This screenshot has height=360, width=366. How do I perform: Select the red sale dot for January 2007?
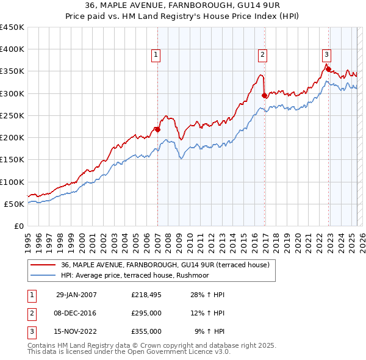point(157,129)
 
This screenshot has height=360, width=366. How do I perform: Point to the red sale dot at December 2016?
point(264,95)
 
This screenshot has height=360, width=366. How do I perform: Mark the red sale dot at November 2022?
point(328,68)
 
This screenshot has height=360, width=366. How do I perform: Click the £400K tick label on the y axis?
point(12,49)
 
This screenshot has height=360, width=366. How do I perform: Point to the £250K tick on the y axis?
point(12,116)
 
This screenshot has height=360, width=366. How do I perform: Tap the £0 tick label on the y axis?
point(19,226)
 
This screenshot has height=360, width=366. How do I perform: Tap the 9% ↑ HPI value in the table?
point(209,331)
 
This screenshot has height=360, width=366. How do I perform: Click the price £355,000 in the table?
point(146,331)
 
